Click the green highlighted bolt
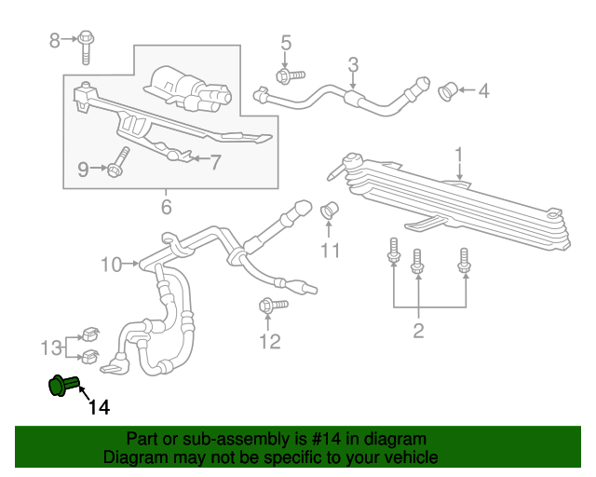[x=61, y=385]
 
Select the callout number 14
[x=100, y=407]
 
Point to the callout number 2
[x=418, y=330]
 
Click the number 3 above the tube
[x=353, y=64]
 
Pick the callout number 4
[x=483, y=91]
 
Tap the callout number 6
[x=167, y=207]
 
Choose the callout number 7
[x=215, y=162]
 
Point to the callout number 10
[x=111, y=265]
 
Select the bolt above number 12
[x=265, y=306]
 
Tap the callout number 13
[x=52, y=348]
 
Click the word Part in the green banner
[x=143, y=439]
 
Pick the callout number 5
[x=286, y=42]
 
